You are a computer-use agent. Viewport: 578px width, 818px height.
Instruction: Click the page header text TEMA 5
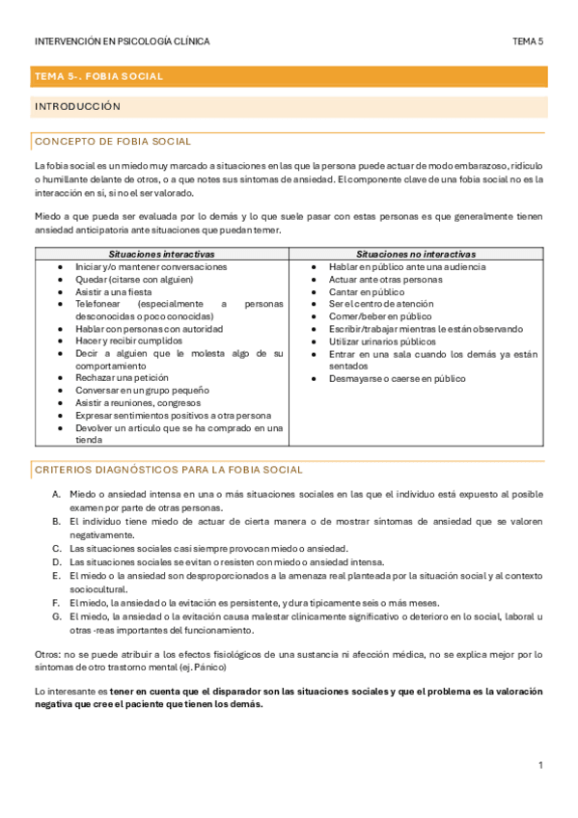pyautogui.click(x=528, y=41)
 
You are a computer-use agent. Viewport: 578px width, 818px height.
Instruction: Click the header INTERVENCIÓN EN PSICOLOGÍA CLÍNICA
pyautogui.click(x=122, y=41)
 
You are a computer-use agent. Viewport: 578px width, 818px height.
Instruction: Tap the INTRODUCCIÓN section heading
pyautogui.click(x=77, y=106)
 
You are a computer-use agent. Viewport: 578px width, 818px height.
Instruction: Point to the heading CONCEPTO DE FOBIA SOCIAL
pyautogui.click(x=113, y=142)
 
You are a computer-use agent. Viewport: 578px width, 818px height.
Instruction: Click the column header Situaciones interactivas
pyautogui.click(x=161, y=254)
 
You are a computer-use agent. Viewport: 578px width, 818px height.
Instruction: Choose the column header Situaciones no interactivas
pyautogui.click(x=416, y=254)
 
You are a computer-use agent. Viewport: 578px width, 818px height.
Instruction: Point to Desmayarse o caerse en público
pyautogui.click(x=397, y=379)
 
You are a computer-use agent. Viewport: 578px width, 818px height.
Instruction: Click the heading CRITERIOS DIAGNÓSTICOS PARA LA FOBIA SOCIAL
pyautogui.click(x=168, y=470)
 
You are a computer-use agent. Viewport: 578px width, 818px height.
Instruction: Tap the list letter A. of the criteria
pyautogui.click(x=58, y=494)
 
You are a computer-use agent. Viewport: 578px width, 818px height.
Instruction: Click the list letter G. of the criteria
pyautogui.click(x=58, y=616)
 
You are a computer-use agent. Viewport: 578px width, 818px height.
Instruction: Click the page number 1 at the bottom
pyautogui.click(x=541, y=765)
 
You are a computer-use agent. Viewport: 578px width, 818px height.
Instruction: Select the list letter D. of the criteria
pyautogui.click(x=58, y=561)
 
